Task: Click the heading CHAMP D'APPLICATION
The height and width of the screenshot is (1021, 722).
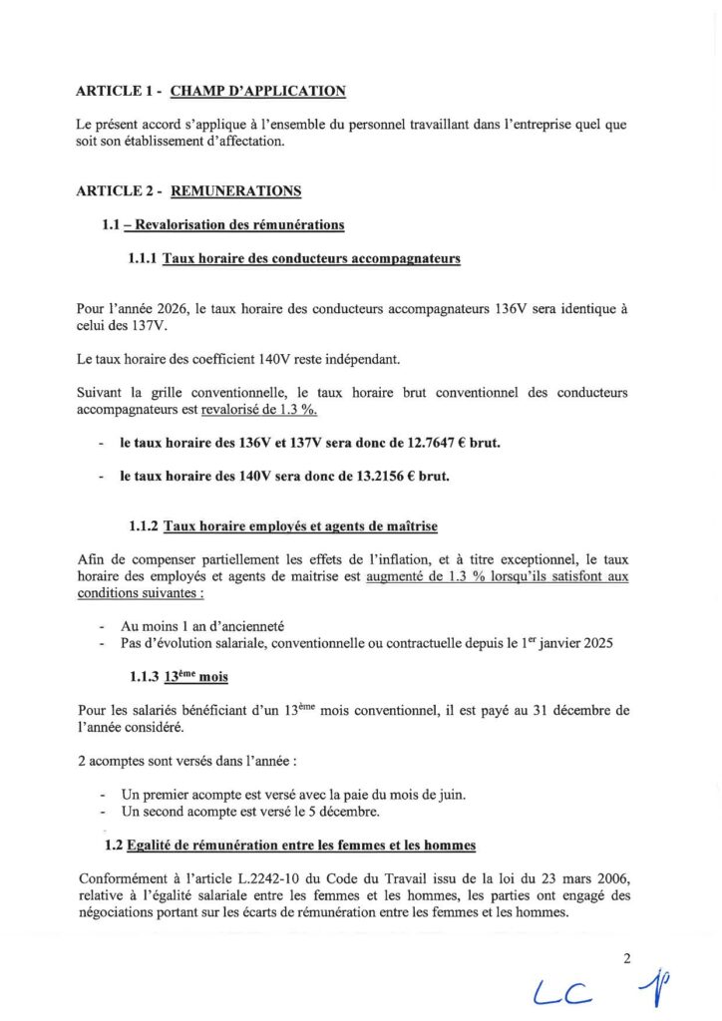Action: tap(258, 92)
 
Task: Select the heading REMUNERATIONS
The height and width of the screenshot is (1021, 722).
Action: tap(236, 190)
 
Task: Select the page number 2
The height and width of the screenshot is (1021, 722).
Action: tap(627, 960)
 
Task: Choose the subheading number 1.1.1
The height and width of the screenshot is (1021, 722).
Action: tap(144, 259)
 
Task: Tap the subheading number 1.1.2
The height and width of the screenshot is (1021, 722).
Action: tap(144, 526)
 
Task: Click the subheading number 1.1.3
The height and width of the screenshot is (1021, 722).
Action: tap(144, 677)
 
